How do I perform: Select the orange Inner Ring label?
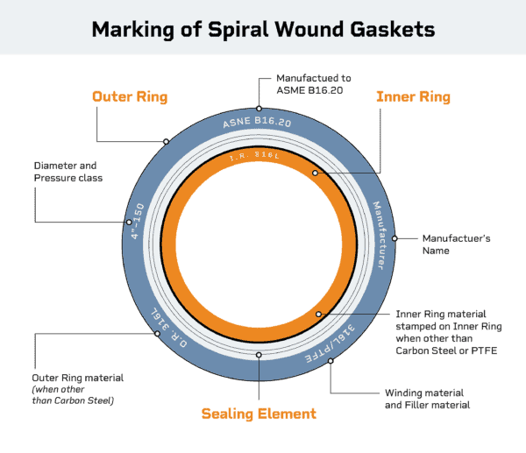coord(413,95)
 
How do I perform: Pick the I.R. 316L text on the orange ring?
coord(260,158)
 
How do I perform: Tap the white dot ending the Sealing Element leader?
coord(259,355)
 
